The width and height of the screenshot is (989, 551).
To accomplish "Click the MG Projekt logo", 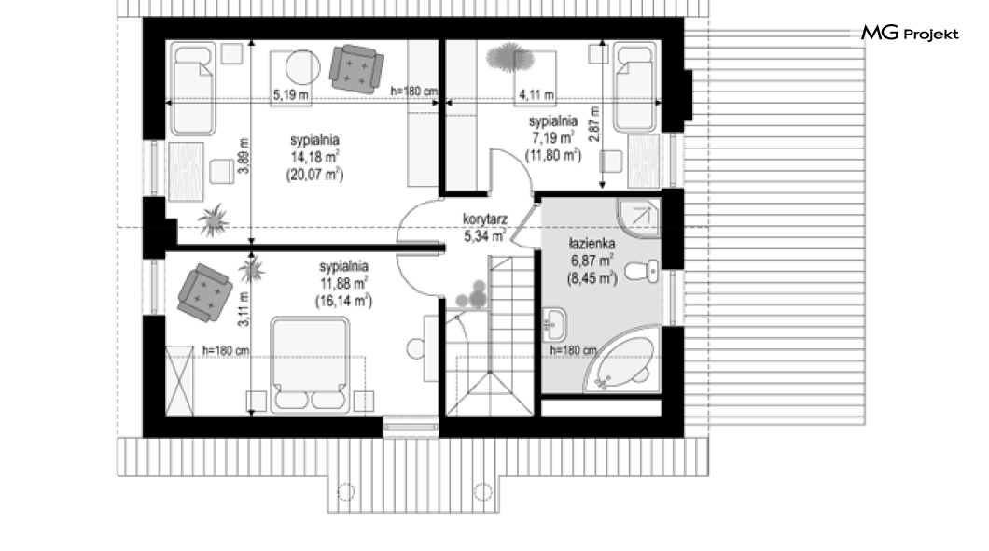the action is [910, 34].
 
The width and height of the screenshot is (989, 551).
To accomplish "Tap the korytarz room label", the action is [485, 219].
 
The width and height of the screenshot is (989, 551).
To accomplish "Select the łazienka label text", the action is [591, 244].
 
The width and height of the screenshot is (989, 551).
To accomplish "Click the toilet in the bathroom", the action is [642, 272].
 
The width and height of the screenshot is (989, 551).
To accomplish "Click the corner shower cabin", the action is [638, 219].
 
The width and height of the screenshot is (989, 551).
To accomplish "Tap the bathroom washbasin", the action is [554, 324].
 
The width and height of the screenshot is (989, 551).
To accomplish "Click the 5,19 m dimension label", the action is [291, 94].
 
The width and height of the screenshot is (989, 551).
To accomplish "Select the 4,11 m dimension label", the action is [536, 94].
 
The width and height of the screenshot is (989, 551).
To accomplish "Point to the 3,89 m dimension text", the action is [244, 155].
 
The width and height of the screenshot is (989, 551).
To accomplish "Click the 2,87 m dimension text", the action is [593, 123].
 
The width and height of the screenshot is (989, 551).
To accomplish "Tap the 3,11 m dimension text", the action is [244, 309].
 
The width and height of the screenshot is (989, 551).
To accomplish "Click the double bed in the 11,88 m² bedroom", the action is [310, 365].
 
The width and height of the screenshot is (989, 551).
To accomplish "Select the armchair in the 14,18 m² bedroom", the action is [356, 69].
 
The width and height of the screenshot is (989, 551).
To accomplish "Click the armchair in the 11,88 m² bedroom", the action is [203, 292].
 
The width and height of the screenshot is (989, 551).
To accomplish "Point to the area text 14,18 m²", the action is [315, 157].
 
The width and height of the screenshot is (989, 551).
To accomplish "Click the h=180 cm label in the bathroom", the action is [574, 350].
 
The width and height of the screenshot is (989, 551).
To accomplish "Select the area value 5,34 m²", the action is [485, 236].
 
